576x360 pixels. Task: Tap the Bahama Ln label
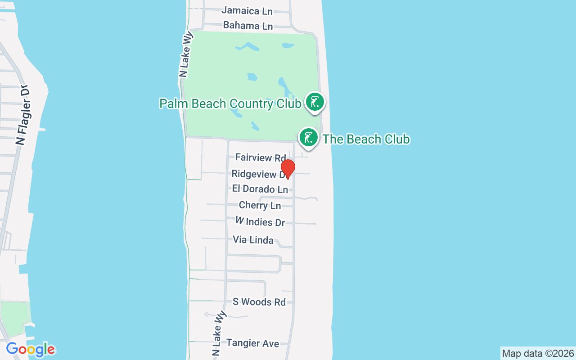pos(248,26)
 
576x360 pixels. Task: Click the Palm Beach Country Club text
pos(230,104)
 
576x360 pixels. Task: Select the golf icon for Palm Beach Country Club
pos(315,102)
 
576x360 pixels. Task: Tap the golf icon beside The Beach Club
pos(309,137)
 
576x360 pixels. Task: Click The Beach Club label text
pos(366,139)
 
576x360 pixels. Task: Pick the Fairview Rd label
pos(261,157)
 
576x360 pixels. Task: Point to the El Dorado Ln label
pos(260,189)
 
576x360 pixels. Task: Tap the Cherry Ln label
pos(260,206)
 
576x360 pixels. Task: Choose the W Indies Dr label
pos(260,222)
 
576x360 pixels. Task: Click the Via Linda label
pos(253,240)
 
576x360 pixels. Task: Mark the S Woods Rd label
pos(259,302)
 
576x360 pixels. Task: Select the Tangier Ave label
pos(253,343)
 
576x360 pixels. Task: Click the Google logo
pos(31,349)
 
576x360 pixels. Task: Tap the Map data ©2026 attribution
pos(538,353)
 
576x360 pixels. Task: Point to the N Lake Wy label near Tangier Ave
pos(217,332)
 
